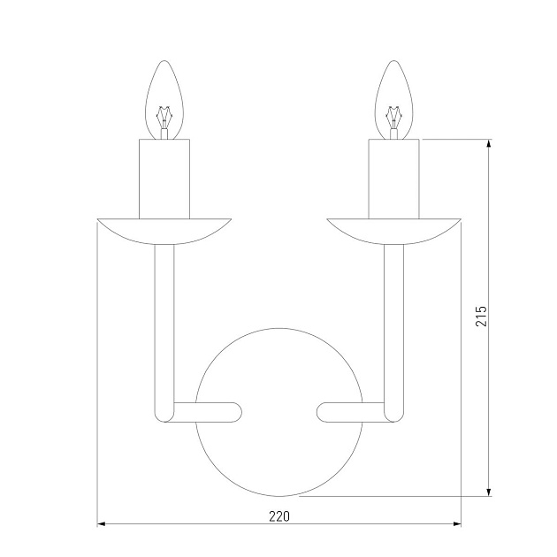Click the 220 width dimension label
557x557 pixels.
[279, 516]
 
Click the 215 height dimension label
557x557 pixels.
[481, 316]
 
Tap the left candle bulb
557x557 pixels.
[164, 99]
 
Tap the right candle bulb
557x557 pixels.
[393, 99]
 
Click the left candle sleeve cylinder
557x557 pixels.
[164, 179]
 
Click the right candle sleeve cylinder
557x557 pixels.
[394, 179]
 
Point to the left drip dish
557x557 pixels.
[164, 232]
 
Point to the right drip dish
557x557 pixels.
[394, 232]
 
